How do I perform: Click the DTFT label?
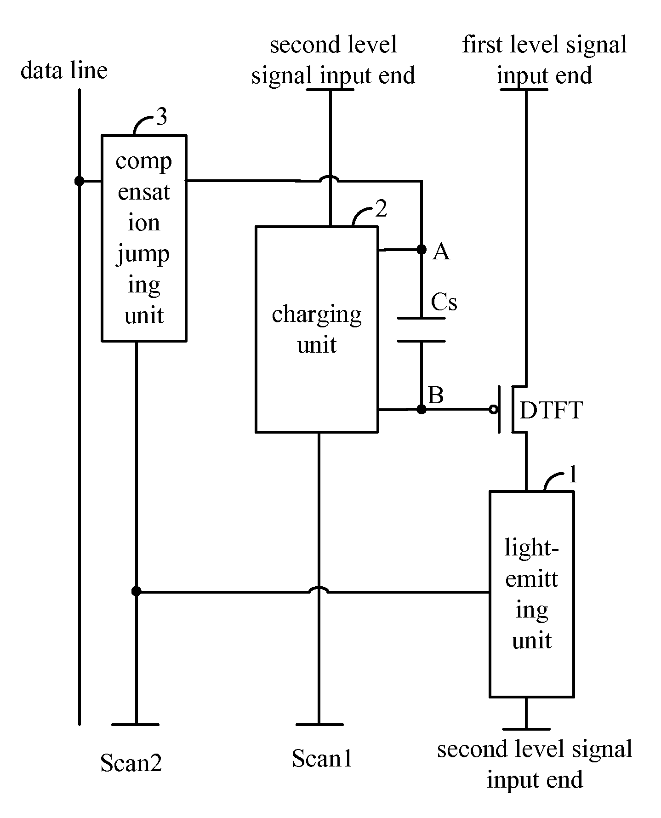(551, 410)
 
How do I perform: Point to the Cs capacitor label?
(444, 303)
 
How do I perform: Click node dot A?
(422, 249)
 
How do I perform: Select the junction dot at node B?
(422, 409)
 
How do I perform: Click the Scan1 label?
(322, 758)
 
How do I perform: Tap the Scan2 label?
(131, 763)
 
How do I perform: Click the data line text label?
(64, 70)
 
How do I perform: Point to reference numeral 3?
(162, 118)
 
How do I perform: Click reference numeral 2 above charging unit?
(382, 209)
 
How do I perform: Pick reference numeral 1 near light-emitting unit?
(572, 475)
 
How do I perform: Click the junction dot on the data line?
(80, 181)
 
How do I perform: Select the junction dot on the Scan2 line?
(136, 591)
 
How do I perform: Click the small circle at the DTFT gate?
(493, 409)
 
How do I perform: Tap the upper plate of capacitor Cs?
(421, 318)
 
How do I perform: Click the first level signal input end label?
(544, 60)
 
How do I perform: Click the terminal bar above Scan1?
(319, 724)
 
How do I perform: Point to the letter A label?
(441, 252)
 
